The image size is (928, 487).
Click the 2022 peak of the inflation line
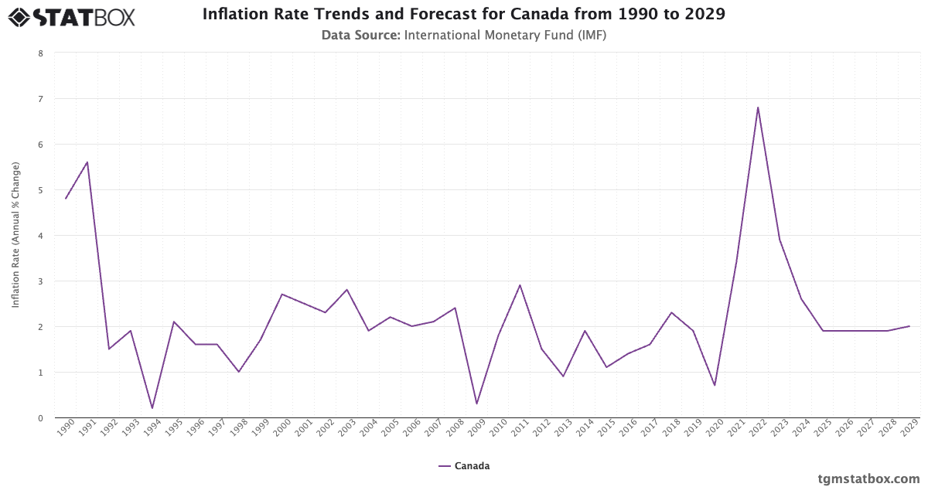[x=758, y=107]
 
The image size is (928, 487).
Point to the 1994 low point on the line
[x=152, y=408]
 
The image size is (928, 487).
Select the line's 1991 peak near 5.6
[x=87, y=162]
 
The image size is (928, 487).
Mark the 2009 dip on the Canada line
[x=476, y=404]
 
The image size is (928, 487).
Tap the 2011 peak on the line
[x=520, y=285]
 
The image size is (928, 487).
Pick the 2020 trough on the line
[x=715, y=385]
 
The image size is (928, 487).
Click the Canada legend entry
[x=464, y=466]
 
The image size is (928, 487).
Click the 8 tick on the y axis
[x=40, y=53]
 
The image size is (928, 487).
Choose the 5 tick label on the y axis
[x=40, y=190]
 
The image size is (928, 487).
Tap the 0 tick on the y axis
[x=40, y=418]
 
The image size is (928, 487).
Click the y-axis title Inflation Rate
[x=15, y=235]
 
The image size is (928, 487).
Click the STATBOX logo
[x=72, y=17]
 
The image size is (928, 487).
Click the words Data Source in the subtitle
[x=360, y=35]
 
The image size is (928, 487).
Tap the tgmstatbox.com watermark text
[x=868, y=478]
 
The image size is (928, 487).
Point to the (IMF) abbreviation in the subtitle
[x=589, y=35]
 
